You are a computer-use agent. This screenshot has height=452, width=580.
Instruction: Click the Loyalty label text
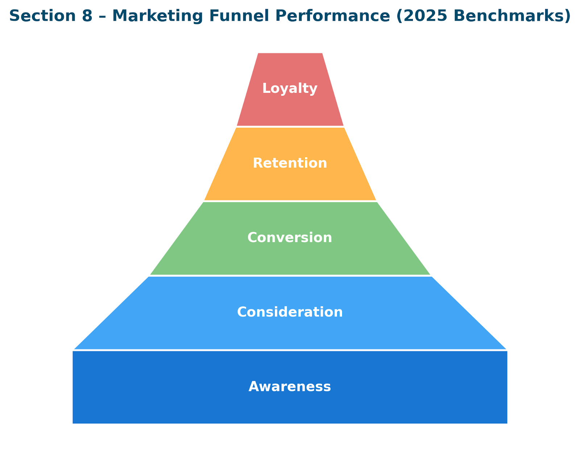pyautogui.click(x=290, y=89)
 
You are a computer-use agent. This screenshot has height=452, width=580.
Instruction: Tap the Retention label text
pyautogui.click(x=290, y=163)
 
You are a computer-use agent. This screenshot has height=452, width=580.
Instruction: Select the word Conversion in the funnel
pyautogui.click(x=290, y=237)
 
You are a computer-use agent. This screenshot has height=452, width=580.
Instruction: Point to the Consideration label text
pyautogui.click(x=290, y=312)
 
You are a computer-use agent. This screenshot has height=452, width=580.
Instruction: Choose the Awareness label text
pyautogui.click(x=290, y=387)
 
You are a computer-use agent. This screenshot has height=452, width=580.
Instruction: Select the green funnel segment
pyautogui.click(x=290, y=258)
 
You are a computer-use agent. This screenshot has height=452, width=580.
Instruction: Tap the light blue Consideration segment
pyautogui.click(x=290, y=332)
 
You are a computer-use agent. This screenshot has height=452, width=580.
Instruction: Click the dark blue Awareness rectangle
pyautogui.click(x=290, y=407)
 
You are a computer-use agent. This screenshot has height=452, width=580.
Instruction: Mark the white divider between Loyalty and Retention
pyautogui.click(x=290, y=126)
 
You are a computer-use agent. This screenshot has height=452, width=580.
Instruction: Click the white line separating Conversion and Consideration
pyautogui.click(x=290, y=276)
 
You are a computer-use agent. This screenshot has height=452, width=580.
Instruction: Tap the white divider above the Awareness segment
pyautogui.click(x=290, y=350)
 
